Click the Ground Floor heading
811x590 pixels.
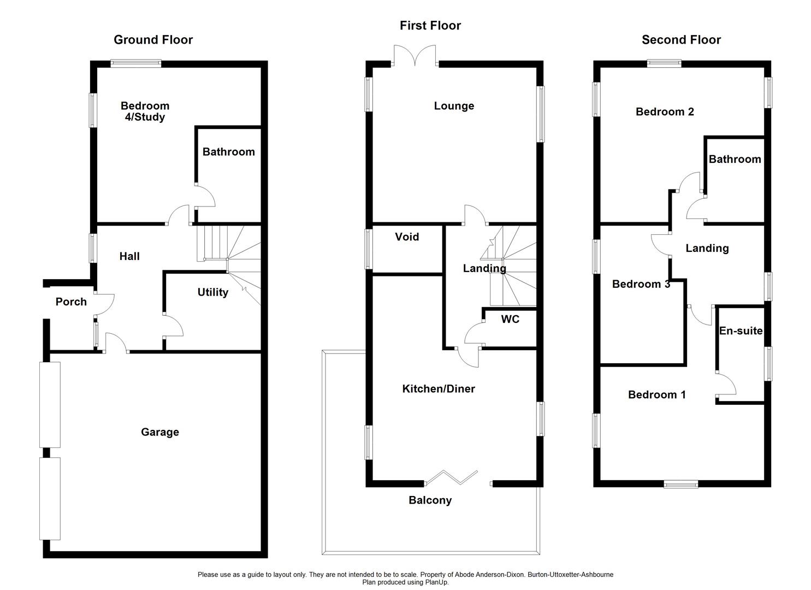click(153, 40)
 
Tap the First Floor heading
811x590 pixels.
click(430, 26)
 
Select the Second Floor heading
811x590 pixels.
click(681, 40)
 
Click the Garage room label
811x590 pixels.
click(159, 432)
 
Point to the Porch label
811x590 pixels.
click(71, 302)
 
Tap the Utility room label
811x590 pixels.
click(212, 292)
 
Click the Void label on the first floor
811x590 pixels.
click(407, 237)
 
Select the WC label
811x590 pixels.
click(510, 319)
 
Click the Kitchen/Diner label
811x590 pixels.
click(439, 388)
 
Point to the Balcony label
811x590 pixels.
click(430, 500)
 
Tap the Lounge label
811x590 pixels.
click(454, 106)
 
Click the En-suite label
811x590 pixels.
click(741, 331)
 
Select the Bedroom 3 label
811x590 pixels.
click(641, 284)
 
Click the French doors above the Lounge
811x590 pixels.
click(415, 55)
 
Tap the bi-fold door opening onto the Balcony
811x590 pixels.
click(452, 477)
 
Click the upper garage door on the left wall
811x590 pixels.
click(50, 404)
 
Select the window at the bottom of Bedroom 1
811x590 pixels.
click(680, 483)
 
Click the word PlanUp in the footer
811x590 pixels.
click(435, 582)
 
